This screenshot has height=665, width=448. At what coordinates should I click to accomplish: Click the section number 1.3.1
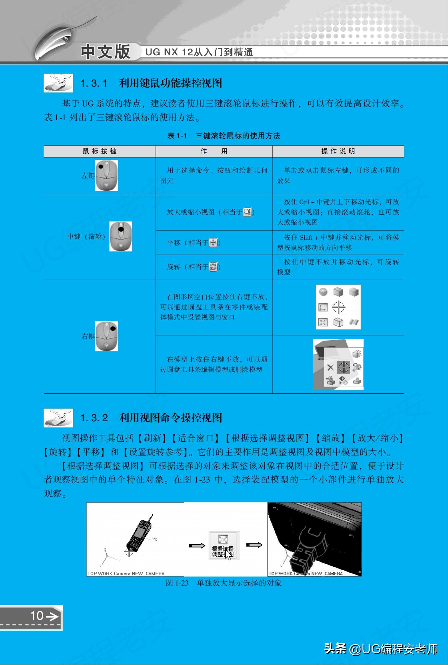[x=94, y=83]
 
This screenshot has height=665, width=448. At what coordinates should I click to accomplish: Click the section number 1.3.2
[x=94, y=418]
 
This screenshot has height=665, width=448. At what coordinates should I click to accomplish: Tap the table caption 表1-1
[x=177, y=135]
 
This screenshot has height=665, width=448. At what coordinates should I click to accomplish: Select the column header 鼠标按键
[x=100, y=151]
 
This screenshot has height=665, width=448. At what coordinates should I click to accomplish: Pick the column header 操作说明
[x=338, y=151]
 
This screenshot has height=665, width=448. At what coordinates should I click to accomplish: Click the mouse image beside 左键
[x=107, y=175]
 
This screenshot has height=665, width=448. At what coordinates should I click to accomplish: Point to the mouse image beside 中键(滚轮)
[x=121, y=236]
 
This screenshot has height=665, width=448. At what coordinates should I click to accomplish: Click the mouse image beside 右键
[x=107, y=336]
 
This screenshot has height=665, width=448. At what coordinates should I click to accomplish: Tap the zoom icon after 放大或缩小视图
[x=247, y=212]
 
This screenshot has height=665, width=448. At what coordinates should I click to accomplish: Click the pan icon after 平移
[x=213, y=243]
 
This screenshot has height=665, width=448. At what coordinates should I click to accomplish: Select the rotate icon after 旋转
[x=213, y=267]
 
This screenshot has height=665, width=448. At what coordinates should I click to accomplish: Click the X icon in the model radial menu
[x=330, y=367]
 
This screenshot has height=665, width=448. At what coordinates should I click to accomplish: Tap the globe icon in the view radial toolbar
[x=323, y=292]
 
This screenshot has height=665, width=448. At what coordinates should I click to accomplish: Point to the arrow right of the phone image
[x=197, y=545]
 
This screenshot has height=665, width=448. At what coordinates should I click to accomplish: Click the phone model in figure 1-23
[x=138, y=535]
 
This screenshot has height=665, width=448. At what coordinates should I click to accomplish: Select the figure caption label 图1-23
[x=177, y=583]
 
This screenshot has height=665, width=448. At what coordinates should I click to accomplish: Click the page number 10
[x=37, y=616]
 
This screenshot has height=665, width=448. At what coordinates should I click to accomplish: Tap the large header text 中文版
[x=105, y=52]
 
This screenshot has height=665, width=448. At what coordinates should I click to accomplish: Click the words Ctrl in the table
[x=304, y=202]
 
